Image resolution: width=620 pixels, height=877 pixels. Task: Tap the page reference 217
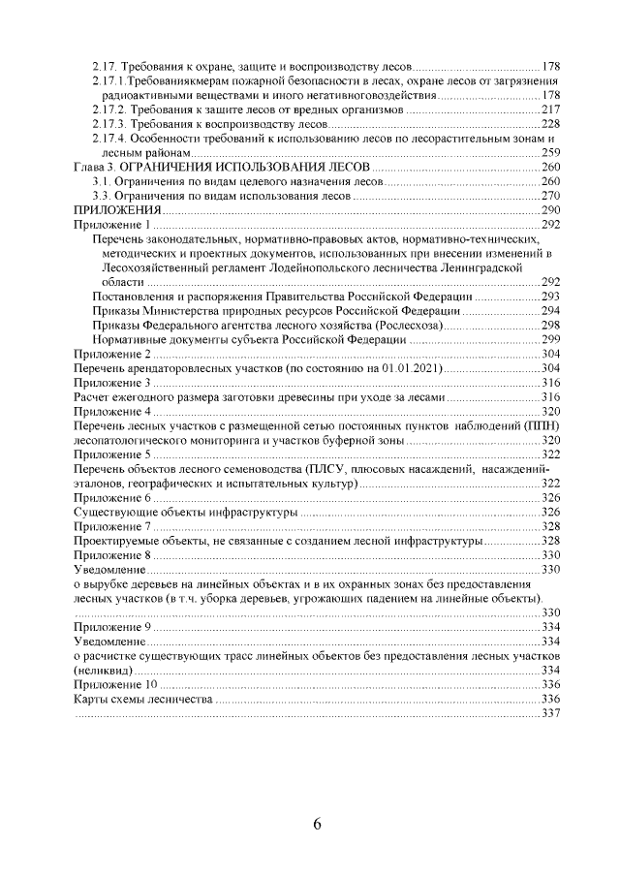[550, 110]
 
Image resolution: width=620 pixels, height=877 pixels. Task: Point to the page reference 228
[550, 125]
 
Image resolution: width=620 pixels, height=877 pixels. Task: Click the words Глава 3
[95, 168]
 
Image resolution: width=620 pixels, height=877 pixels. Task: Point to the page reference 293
[550, 296]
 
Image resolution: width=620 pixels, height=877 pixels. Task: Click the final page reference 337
[550, 713]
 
